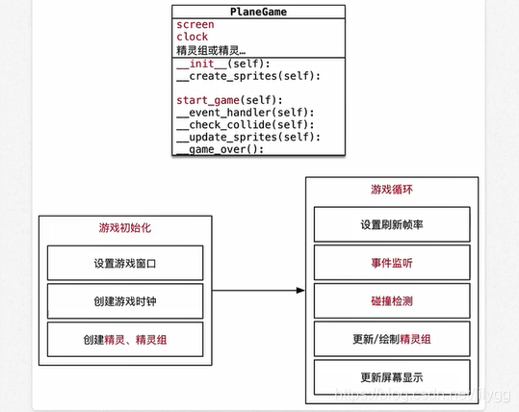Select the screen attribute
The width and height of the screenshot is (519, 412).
(196, 24)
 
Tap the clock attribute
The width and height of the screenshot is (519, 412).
(193, 37)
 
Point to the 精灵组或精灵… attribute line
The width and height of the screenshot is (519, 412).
(211, 50)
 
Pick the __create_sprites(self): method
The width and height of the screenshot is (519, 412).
(248, 76)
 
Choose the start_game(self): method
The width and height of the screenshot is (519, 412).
(227, 100)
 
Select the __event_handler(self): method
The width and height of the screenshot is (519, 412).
(246, 112)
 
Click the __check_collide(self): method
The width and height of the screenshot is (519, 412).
(246, 124)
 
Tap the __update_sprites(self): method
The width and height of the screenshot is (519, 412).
(248, 137)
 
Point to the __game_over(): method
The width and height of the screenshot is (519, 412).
(221, 149)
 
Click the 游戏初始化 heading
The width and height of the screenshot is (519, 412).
(124, 229)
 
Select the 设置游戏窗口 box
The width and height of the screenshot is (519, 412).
(125, 263)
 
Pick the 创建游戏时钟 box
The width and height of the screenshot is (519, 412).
(125, 301)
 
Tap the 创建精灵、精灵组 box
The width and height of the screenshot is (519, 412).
(125, 339)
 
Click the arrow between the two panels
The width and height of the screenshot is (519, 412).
(255, 291)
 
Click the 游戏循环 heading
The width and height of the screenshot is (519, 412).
(392, 189)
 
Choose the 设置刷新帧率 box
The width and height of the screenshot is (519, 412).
(392, 224)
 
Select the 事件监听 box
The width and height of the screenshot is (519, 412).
(392, 263)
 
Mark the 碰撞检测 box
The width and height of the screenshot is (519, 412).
(392, 300)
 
